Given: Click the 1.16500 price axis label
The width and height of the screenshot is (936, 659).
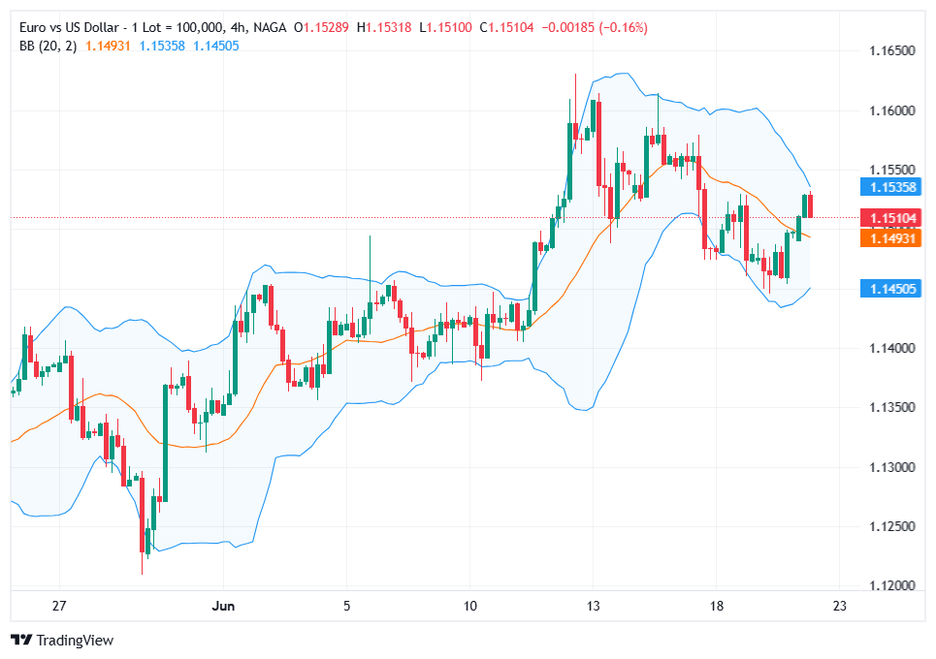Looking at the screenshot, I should pos(890,50).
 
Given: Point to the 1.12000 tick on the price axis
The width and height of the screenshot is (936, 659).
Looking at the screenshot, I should pos(890,585).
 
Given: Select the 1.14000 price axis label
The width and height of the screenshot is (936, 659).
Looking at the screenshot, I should pos(890,348).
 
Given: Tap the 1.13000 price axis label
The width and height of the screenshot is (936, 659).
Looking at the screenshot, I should pos(890,467).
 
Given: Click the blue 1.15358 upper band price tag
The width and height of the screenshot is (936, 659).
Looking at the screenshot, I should pos(890,186).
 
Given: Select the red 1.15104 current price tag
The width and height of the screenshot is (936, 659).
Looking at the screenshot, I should pos(890,218).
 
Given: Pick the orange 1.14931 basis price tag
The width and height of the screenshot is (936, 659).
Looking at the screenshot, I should pos(890,237).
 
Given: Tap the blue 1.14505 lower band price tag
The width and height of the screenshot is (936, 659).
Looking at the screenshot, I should pos(890,288).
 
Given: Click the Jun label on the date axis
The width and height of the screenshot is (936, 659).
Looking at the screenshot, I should pos(224,606).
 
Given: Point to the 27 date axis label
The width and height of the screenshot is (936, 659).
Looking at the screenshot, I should pos(59,606).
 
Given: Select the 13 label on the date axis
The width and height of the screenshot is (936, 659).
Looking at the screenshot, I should pos(594,606).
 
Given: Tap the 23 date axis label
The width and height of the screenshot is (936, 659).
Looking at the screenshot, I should pos(840,606).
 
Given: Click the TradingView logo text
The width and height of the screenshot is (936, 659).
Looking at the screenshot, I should pos(75,640).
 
